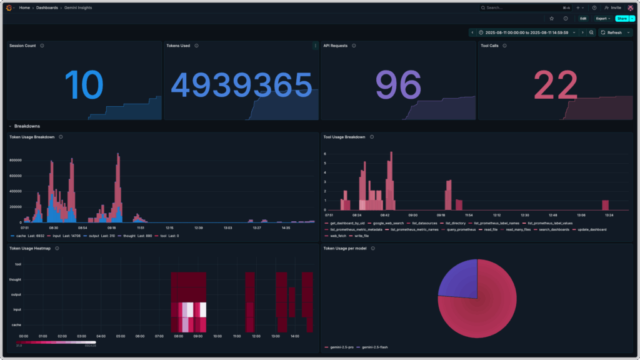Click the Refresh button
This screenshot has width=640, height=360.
pyautogui.click(x=613, y=32)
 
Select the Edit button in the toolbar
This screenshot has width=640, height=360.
pyautogui.click(x=582, y=19)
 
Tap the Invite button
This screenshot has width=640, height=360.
pyautogui.click(x=613, y=7)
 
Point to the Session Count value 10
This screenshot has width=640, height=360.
pyautogui.click(x=83, y=85)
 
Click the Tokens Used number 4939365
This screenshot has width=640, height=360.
pyautogui.click(x=241, y=85)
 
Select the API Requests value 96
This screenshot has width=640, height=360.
pyautogui.click(x=398, y=85)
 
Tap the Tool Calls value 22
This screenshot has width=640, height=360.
pyautogui.click(x=556, y=85)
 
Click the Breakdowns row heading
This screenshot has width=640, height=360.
pyautogui.click(x=27, y=126)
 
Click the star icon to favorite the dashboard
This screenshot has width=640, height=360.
pyautogui.click(x=552, y=19)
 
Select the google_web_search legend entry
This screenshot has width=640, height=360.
pyautogui.click(x=387, y=223)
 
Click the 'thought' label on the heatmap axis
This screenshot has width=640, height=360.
pyautogui.click(x=16, y=279)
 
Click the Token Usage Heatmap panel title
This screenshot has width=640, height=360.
pyautogui.click(x=31, y=248)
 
